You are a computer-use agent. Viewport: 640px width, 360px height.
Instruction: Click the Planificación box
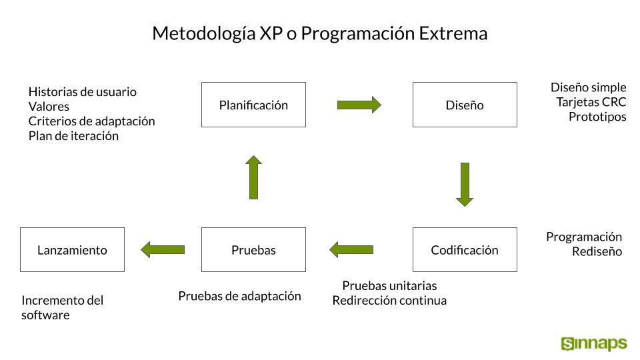tap(253, 105)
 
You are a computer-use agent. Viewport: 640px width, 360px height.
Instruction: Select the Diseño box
tap(465, 105)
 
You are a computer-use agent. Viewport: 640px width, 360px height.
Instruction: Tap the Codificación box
tap(465, 249)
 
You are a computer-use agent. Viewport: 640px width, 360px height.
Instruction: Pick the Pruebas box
tap(253, 249)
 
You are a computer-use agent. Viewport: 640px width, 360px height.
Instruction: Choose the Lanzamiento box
tap(72, 249)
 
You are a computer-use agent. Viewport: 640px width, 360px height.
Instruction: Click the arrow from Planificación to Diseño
tap(359, 105)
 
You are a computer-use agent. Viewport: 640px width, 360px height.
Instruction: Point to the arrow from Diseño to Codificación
tap(465, 185)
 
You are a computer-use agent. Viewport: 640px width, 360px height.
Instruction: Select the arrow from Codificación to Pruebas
tap(351, 250)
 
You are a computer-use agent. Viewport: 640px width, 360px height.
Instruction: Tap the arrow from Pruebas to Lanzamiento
tap(163, 250)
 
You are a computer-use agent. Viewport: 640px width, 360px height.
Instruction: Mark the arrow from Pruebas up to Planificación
tap(253, 177)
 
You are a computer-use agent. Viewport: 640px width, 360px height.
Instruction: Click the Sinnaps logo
tap(594, 344)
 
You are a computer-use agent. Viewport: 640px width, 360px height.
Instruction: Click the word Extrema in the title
tap(453, 33)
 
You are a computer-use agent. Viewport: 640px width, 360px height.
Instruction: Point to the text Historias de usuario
tap(83, 92)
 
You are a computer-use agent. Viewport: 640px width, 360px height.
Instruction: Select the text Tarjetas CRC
tap(591, 102)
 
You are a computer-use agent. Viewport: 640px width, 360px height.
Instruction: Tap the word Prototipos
tap(597, 117)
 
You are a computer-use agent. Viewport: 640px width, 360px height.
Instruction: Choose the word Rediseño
tap(597, 251)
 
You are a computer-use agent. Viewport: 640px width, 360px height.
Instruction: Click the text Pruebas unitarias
tap(389, 285)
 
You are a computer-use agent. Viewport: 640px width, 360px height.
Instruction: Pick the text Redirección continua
tap(389, 301)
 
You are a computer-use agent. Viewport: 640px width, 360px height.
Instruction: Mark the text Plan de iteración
tap(73, 136)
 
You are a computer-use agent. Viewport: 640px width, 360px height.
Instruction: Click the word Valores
tap(49, 107)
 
